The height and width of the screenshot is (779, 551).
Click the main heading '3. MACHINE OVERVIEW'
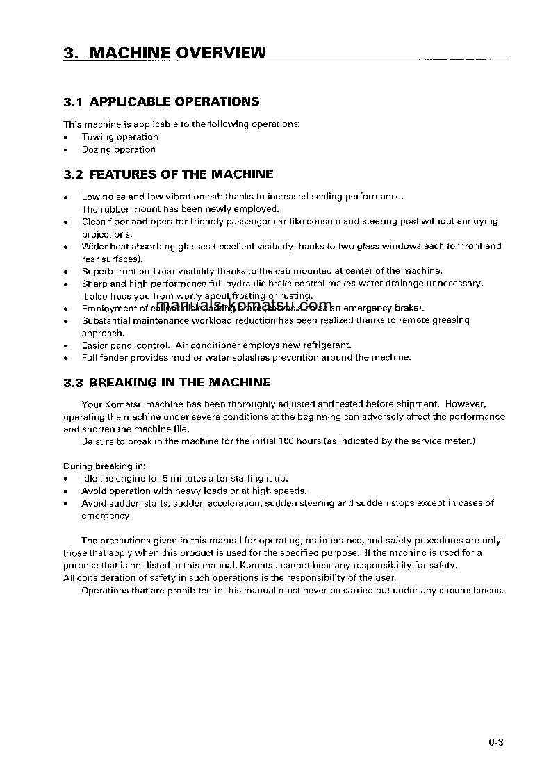[x=164, y=53]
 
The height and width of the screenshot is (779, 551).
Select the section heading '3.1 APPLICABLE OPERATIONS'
[x=161, y=102]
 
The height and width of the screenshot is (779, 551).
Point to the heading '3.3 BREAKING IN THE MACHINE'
[x=167, y=383]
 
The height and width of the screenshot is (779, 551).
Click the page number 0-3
[x=495, y=742]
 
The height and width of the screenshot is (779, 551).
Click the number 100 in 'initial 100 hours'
[x=286, y=441]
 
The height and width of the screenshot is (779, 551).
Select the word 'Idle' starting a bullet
[x=90, y=478]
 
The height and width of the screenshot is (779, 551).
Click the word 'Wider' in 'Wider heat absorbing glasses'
[x=94, y=246]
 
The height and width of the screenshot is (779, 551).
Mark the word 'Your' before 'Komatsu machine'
[x=92, y=404]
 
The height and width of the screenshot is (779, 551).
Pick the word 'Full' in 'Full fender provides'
[x=90, y=358]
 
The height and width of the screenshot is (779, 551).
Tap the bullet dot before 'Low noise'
[x=65, y=197]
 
